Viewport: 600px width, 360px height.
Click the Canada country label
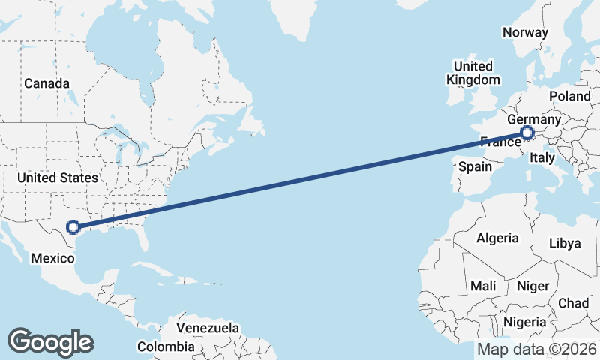[46, 83]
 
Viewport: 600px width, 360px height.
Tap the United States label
[58, 178]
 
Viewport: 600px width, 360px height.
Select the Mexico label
[52, 258]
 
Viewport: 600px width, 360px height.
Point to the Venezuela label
[208, 328]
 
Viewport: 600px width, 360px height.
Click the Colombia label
[164, 346]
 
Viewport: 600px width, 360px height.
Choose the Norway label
[525, 32]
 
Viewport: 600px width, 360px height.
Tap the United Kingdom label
[472, 73]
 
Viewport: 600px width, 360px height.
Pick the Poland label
[570, 96]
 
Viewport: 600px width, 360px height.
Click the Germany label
[534, 120]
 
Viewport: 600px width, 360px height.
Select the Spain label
[475, 166]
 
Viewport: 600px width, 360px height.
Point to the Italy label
[541, 158]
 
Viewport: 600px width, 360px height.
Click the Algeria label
[497, 238]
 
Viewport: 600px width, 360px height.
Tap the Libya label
[565, 243]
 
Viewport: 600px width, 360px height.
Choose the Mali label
[483, 286]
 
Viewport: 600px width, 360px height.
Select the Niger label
[532, 286]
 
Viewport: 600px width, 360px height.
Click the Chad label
[573, 302]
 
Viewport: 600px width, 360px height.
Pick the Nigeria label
[524, 321]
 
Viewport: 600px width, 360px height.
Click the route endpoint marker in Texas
[73, 227]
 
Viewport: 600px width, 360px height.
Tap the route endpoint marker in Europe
[526, 134]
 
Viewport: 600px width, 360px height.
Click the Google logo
[50, 341]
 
